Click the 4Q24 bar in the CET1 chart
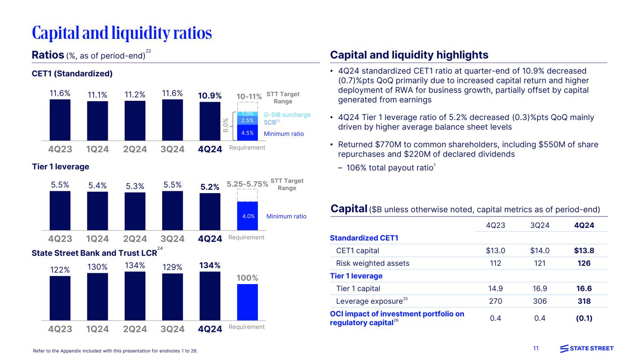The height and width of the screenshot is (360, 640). [x=210, y=121]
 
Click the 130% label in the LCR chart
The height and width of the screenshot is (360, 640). [x=98, y=267]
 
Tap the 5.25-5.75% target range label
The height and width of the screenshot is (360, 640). [x=247, y=184]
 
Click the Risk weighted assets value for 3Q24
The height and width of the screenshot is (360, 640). [x=540, y=263]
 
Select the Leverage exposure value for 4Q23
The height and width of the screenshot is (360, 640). [x=497, y=301]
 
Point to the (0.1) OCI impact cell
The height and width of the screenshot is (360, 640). [x=584, y=318]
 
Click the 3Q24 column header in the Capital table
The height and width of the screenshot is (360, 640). [x=540, y=225]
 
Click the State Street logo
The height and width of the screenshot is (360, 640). [x=587, y=348]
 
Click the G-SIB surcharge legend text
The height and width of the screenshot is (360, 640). [x=287, y=114]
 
